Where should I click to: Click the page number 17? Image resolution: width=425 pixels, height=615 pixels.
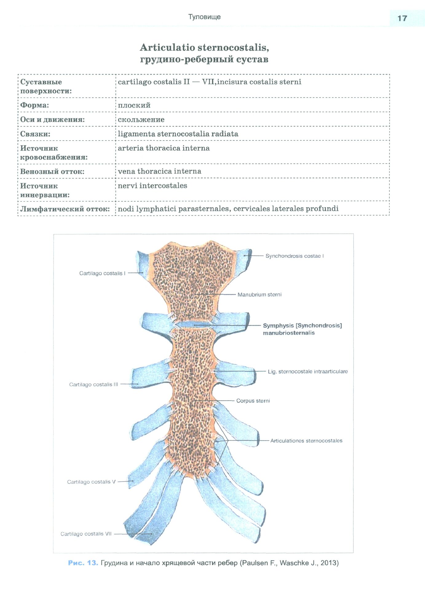point(402,18)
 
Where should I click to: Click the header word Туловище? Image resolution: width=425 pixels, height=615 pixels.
point(204,17)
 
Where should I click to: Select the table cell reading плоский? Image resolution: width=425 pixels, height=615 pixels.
point(134,105)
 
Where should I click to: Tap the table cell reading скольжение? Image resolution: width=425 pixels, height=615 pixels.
point(141,120)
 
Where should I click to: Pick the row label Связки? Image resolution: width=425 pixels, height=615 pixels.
point(35,134)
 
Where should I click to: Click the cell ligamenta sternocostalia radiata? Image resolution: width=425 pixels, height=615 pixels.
point(178,134)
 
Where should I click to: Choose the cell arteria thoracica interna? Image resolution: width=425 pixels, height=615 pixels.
point(164,148)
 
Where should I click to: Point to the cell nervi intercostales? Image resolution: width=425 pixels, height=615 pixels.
point(152,186)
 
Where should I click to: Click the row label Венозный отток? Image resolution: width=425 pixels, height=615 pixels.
point(52,172)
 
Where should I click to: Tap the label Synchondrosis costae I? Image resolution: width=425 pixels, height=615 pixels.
point(294,256)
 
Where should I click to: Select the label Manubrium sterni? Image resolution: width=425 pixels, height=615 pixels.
point(259,295)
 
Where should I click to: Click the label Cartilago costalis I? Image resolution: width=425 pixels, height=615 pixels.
point(102,273)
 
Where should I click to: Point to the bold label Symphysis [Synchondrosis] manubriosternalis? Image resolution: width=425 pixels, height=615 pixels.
point(302,329)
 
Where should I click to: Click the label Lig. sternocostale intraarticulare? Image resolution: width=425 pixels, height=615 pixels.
point(308,371)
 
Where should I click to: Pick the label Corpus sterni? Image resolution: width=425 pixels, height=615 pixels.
point(253,401)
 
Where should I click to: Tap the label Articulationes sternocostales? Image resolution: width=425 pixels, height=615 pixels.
point(306,441)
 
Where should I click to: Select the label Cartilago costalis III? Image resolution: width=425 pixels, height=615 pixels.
point(93,384)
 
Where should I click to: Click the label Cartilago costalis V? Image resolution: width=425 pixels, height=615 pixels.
point(91,482)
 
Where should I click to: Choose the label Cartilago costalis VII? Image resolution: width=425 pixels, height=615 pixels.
point(86,534)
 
